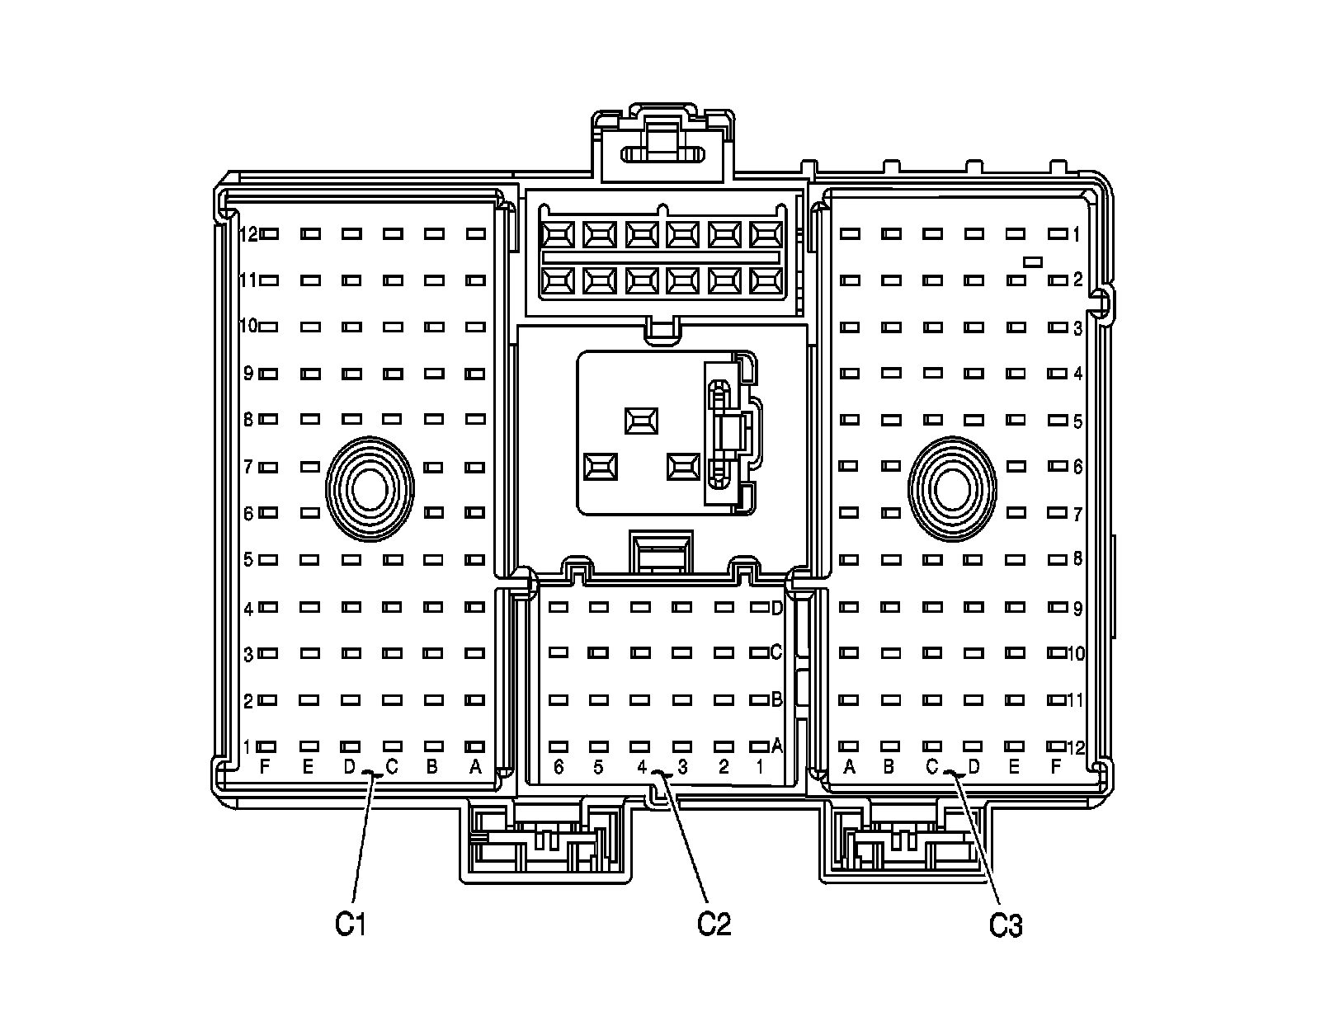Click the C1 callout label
click(350, 925)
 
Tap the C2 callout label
click(714, 923)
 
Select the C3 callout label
click(1006, 925)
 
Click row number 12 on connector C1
click(248, 234)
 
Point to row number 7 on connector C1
click(247, 468)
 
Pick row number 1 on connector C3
click(1077, 235)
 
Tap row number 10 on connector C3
click(1076, 654)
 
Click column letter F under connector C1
click(265, 767)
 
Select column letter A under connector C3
click(849, 767)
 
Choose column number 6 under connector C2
click(559, 767)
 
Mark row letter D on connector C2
click(776, 609)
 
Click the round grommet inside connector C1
click(369, 490)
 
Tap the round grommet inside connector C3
click(951, 490)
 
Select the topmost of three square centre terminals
click(641, 421)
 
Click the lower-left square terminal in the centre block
click(600, 467)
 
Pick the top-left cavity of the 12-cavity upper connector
click(558, 235)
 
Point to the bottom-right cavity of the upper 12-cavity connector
click(766, 282)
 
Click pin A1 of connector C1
click(475, 746)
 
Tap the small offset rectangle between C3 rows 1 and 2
click(1032, 262)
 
